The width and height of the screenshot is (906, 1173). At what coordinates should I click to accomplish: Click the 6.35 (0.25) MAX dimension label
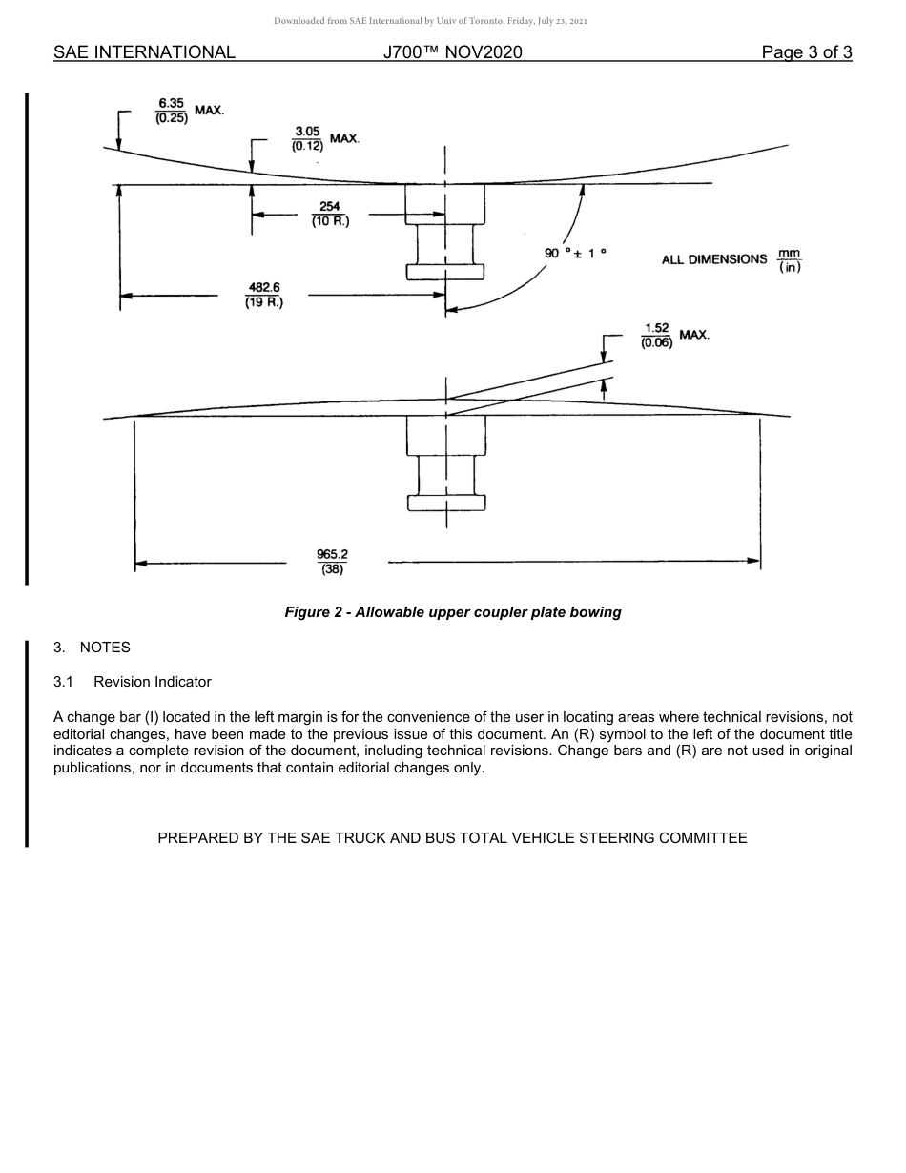point(189,112)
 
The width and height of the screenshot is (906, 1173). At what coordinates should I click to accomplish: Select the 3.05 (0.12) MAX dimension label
point(324,139)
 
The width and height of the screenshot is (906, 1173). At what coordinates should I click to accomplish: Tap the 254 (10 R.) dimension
point(330,215)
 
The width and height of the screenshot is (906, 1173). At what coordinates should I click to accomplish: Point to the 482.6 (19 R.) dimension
point(264,295)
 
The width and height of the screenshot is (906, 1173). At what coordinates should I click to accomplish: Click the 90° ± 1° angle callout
point(575,253)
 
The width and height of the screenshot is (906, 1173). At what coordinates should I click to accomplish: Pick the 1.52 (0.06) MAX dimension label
point(674,336)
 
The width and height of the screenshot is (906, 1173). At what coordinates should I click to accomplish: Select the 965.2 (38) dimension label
point(332,562)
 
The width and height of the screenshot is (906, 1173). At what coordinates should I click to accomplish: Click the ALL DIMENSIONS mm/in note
point(731,259)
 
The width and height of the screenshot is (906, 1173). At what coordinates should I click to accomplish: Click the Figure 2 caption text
point(452,612)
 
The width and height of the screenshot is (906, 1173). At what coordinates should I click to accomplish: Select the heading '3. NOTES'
point(92,648)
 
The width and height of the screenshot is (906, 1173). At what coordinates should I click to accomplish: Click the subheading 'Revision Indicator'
point(152,682)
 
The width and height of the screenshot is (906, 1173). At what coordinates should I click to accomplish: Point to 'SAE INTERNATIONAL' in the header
point(144,52)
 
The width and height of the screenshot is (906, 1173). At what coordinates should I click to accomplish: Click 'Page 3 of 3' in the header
point(806,52)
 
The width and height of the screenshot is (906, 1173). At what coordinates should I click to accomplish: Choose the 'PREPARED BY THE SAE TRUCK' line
point(452,838)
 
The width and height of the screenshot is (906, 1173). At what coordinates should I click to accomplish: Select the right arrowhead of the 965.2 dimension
point(754,563)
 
